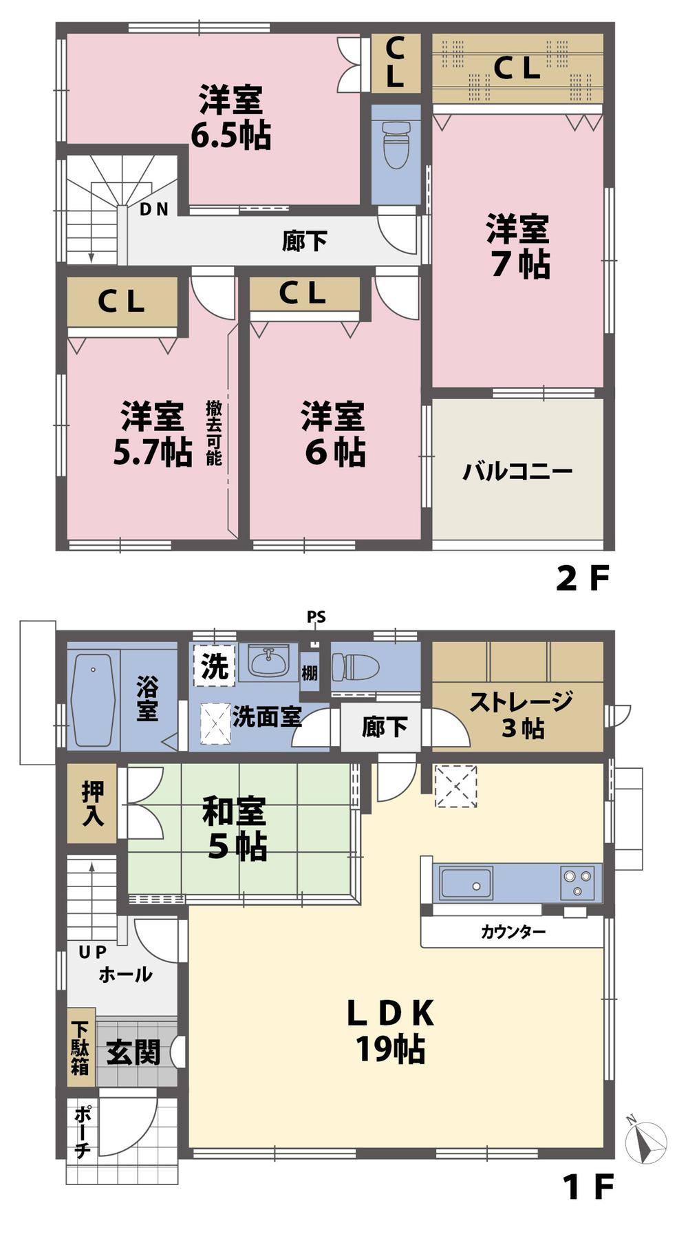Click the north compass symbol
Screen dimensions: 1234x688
[x=646, y=1143]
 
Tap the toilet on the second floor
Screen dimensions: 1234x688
[x=396, y=144]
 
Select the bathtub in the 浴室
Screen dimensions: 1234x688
[x=93, y=701]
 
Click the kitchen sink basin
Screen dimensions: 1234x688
[x=466, y=882]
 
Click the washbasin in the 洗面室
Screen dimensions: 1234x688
[x=268, y=662]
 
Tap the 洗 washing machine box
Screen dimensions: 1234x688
[x=215, y=666]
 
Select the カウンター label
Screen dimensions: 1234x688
[x=513, y=933]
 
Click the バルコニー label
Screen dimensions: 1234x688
[x=517, y=472]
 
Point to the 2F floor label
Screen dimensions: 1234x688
[x=582, y=579]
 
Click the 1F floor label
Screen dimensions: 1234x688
[x=587, y=1186]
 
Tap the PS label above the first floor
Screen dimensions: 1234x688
[x=316, y=617]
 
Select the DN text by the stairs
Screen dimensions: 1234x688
[x=153, y=209]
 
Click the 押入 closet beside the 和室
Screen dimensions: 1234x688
[x=92, y=803]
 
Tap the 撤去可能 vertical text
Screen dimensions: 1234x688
[x=214, y=433]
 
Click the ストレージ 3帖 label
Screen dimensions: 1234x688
[x=521, y=714]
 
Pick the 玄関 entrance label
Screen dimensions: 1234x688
[x=133, y=1052]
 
